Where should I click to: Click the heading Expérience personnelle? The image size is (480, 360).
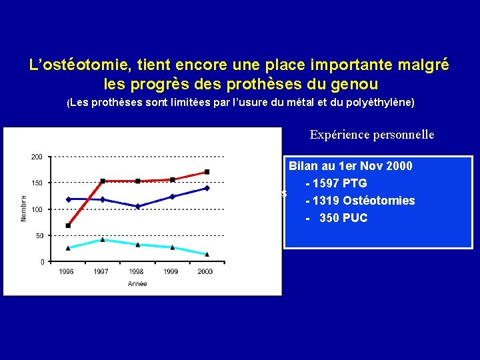point(372,135)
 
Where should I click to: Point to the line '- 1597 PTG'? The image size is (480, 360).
point(345,183)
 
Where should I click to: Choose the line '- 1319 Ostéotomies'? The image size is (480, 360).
point(360,201)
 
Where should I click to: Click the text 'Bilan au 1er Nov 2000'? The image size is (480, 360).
point(350,166)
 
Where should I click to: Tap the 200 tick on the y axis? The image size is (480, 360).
point(37,157)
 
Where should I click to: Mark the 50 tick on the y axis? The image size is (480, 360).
point(39,236)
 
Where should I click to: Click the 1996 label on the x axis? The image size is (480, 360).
point(67,271)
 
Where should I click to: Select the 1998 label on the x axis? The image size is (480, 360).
point(137,271)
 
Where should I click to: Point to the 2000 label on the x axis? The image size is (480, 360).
point(206,271)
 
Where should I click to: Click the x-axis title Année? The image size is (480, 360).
point(137,284)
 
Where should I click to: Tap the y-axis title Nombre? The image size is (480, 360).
point(24,209)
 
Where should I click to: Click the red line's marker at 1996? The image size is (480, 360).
point(68,225)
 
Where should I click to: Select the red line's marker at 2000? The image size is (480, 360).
point(207,171)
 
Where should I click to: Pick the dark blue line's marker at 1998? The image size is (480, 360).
point(137,207)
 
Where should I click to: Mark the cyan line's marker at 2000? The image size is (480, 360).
point(207,254)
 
